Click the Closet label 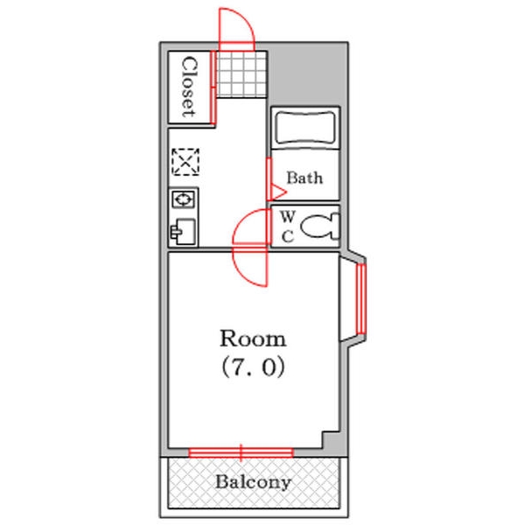click(189, 87)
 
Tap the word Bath click(304, 178)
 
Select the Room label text click(253, 339)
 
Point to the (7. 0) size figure click(253, 367)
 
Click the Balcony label click(253, 482)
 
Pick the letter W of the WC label click(288, 217)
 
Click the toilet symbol click(320, 227)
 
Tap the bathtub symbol click(305, 128)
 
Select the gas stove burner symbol click(184, 199)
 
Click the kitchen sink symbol click(183, 231)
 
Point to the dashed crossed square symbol click(185, 162)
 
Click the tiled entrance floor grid click(241, 74)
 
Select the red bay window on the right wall click(360, 299)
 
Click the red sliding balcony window click(241, 452)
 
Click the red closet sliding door click(213, 87)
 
